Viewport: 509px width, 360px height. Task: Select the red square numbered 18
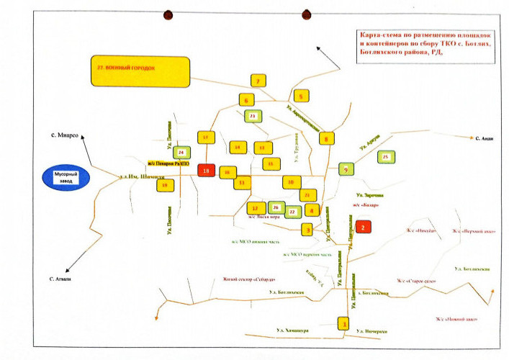click(207, 171)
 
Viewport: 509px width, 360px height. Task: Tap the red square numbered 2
click(364, 228)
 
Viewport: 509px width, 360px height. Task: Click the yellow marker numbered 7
click(258, 81)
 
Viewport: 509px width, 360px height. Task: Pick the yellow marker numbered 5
click(301, 95)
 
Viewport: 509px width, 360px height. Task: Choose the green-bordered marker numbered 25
click(386, 157)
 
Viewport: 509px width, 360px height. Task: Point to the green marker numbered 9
click(346, 169)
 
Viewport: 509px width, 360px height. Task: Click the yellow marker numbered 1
click(344, 324)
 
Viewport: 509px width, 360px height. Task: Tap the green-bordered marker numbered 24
click(181, 153)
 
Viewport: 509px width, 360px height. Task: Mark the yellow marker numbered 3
click(307, 230)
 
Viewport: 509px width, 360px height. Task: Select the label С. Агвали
click(62, 278)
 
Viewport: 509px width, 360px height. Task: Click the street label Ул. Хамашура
click(292, 330)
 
